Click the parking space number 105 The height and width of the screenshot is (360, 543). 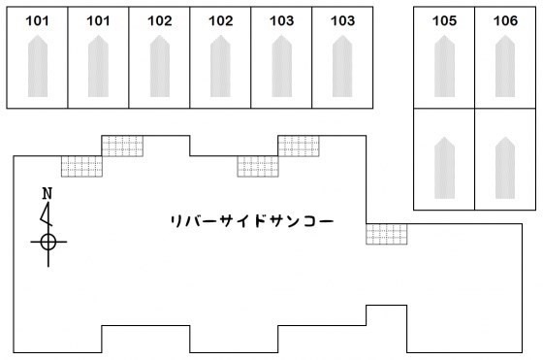[x=444, y=20]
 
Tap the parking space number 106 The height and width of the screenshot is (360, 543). [x=505, y=20]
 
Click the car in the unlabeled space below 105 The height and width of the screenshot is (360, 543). [x=444, y=168]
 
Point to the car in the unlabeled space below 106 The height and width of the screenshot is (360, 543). [x=505, y=168]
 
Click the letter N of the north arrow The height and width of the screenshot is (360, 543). [x=47, y=194]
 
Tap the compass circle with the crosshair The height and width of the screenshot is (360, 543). [x=48, y=241]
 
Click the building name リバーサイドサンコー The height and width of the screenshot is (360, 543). [x=251, y=221]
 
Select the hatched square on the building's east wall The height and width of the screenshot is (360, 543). [x=386, y=234]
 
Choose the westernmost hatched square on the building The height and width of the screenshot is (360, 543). [x=81, y=166]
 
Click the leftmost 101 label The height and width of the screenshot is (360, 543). [x=37, y=20]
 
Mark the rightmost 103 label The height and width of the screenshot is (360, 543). [x=342, y=20]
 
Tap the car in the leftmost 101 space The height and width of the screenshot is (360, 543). [x=37, y=66]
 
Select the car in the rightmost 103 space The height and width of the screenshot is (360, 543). [x=342, y=66]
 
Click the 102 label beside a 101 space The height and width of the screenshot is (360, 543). [x=160, y=20]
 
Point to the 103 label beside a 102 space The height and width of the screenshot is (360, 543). [x=281, y=20]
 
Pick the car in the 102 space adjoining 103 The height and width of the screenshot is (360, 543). [x=220, y=66]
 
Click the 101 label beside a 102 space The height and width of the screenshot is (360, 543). [x=98, y=20]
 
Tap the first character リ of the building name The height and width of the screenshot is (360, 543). [x=175, y=221]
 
